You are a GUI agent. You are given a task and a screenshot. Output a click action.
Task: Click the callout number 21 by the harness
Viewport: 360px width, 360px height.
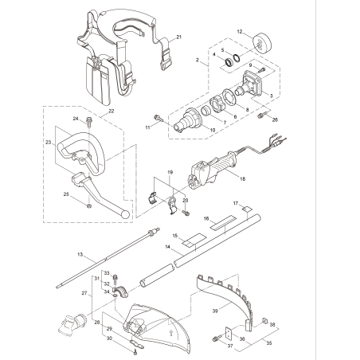(x=179, y=37)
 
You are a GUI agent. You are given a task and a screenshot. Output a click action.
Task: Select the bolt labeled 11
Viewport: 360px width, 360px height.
(x=158, y=119)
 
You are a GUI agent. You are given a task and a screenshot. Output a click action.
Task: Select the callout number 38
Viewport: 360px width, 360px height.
(x=273, y=325)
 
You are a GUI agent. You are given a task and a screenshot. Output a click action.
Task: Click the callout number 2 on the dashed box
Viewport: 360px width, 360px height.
(x=197, y=60)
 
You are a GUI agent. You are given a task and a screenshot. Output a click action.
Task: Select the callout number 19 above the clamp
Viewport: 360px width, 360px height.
(x=169, y=172)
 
